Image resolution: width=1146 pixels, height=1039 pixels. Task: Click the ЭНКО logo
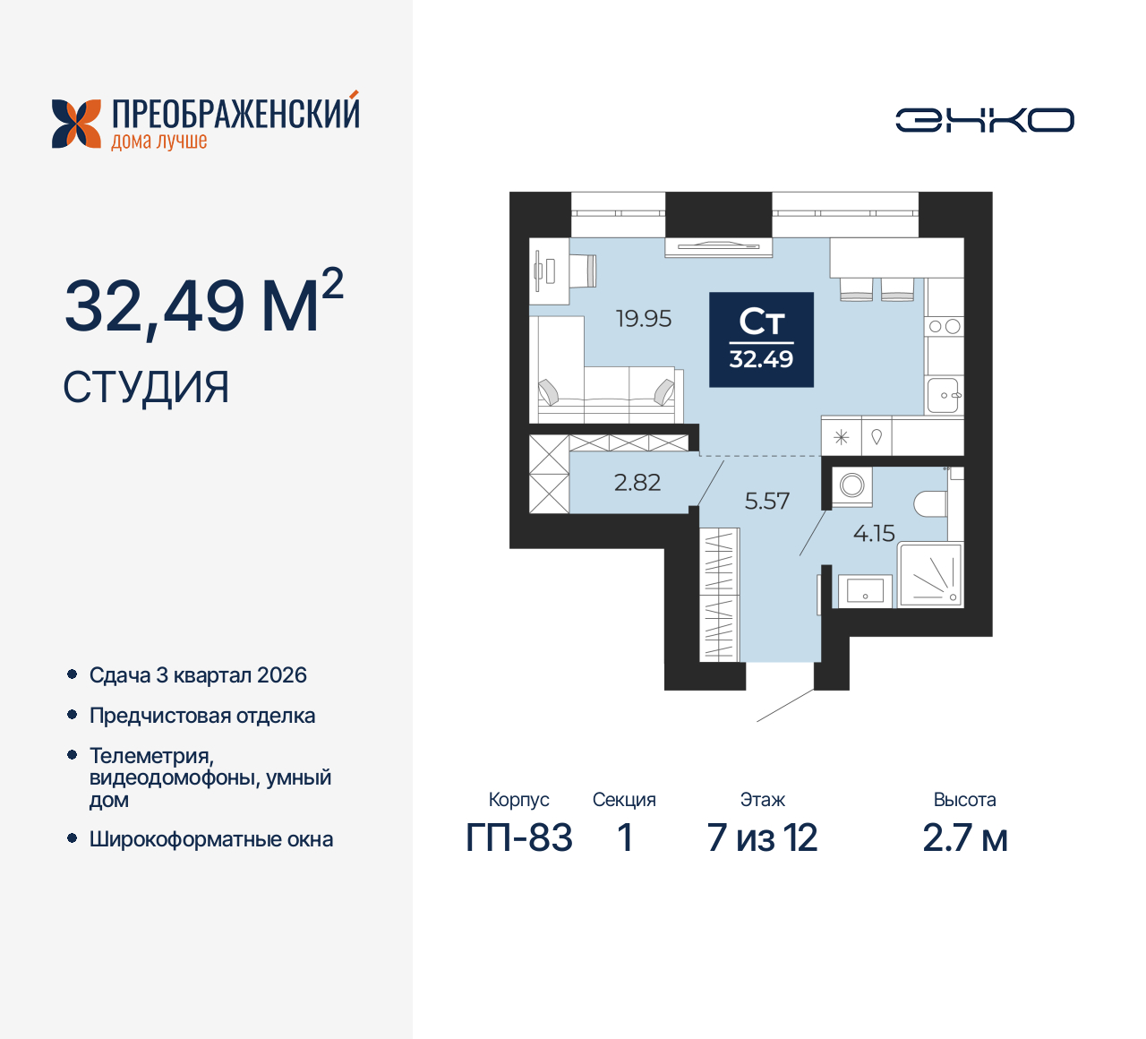[984, 120]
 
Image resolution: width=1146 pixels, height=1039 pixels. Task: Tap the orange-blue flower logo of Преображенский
[76, 124]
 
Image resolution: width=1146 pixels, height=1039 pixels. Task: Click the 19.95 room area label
[644, 319]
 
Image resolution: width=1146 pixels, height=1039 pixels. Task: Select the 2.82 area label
[637, 483]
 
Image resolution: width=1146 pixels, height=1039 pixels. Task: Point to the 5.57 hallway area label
[767, 502]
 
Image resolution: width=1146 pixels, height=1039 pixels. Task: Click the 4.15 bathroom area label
[874, 534]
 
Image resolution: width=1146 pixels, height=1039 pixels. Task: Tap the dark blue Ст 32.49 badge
[761, 339]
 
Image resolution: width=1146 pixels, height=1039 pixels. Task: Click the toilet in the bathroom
[931, 503]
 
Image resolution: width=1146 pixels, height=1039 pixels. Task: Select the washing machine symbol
[852, 485]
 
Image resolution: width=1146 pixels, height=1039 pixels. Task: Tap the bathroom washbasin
[865, 590]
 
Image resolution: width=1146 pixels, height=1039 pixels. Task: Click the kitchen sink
[944, 394]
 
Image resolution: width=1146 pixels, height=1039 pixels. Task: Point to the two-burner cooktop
[945, 327]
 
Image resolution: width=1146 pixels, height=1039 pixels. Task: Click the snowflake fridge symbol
[842, 438]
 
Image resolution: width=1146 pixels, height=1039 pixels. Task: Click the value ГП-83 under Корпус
[519, 838]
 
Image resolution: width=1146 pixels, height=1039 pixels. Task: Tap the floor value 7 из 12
[762, 838]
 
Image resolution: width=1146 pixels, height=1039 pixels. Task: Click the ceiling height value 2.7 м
[964, 838]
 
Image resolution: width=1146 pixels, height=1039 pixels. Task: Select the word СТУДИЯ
[146, 388]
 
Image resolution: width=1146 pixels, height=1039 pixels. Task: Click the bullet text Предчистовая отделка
[202, 716]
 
